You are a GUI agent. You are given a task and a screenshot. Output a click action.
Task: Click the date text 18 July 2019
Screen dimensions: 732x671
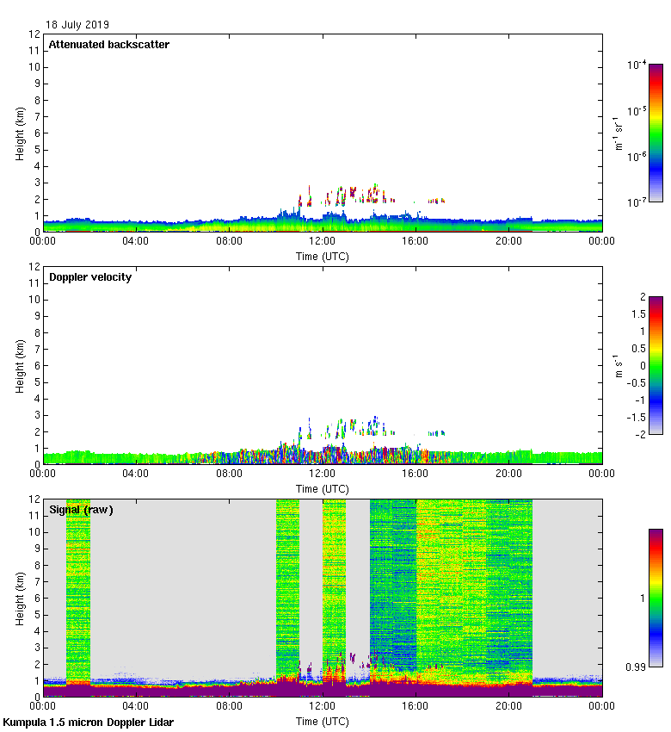tap(78, 25)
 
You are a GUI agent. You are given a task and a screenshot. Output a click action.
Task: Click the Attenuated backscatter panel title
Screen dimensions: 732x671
tap(108, 45)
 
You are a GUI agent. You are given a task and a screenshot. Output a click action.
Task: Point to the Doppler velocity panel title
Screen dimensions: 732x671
tap(90, 277)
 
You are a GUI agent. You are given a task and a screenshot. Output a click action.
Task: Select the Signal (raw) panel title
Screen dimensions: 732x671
tap(81, 510)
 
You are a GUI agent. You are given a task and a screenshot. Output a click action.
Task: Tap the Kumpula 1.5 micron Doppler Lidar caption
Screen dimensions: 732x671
tap(88, 723)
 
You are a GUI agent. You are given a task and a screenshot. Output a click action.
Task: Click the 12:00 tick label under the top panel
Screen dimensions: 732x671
tap(323, 242)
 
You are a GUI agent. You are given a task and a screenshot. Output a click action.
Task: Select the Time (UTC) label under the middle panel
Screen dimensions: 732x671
tap(323, 489)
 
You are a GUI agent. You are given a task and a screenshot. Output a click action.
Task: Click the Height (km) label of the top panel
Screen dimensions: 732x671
tap(19, 133)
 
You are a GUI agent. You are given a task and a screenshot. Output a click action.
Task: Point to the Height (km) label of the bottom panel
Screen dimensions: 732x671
tap(19, 599)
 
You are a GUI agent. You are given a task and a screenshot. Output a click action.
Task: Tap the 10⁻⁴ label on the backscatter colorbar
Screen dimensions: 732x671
tap(637, 65)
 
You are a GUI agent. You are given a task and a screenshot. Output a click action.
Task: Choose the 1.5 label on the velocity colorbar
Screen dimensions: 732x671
tap(638, 314)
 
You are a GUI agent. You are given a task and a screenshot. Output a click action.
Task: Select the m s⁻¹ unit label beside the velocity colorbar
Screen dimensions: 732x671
tap(619, 366)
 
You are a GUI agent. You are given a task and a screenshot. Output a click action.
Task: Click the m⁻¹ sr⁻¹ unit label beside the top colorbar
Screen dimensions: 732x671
tap(619, 133)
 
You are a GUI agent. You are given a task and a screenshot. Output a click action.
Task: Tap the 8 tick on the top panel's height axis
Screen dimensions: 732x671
tap(35, 101)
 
